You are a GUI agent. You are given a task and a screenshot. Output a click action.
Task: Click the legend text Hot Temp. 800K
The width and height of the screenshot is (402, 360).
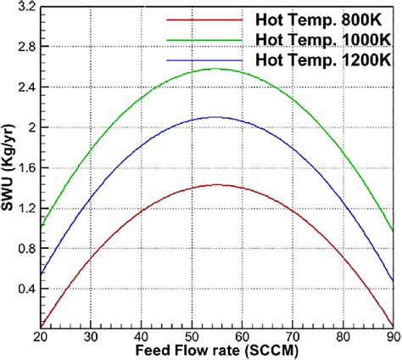click(x=317, y=18)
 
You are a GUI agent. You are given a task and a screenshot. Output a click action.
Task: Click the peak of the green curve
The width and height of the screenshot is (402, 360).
click(x=217, y=70)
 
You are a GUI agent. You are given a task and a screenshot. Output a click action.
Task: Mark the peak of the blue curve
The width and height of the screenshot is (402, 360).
click(x=217, y=117)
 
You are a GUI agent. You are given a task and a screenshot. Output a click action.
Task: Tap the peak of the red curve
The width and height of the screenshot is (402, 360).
click(x=217, y=184)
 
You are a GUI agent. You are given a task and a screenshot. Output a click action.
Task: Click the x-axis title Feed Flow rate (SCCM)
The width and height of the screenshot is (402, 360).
click(x=217, y=351)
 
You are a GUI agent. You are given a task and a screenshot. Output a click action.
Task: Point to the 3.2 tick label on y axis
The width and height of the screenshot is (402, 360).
click(x=26, y=7)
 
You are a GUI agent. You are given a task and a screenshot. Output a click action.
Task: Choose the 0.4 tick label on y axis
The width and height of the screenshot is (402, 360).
click(x=26, y=289)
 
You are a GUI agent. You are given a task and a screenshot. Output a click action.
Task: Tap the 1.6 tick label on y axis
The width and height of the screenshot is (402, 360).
click(x=26, y=168)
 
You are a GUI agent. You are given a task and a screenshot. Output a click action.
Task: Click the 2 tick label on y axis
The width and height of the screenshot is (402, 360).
click(x=31, y=127)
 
